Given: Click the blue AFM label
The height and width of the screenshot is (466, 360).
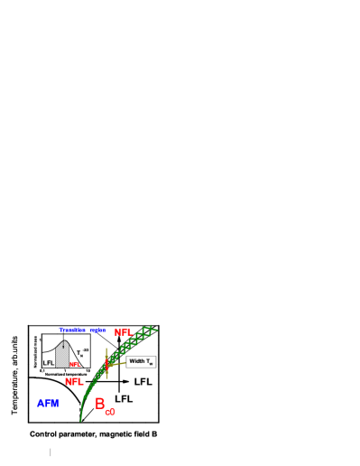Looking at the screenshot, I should click(x=48, y=404).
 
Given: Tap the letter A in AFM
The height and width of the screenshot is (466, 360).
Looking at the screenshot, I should click(x=41, y=404).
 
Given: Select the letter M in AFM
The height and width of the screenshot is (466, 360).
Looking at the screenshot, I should click(x=55, y=404).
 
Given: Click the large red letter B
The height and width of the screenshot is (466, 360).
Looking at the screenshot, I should click(x=100, y=404).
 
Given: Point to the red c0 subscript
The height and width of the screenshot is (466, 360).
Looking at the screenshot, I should click(x=110, y=412).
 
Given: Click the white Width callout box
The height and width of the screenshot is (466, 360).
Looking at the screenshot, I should click(x=141, y=361).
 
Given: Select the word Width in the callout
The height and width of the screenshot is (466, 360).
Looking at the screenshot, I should click(x=137, y=361).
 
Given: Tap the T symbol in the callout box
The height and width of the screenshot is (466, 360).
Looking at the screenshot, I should click(x=149, y=361).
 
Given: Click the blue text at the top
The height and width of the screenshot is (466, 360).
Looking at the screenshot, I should click(x=82, y=330).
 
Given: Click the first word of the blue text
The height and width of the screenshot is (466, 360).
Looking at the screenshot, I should click(x=72, y=330).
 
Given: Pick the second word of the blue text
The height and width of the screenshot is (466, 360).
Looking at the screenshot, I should click(x=97, y=330).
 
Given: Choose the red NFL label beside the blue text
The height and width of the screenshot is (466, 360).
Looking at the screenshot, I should click(x=123, y=332).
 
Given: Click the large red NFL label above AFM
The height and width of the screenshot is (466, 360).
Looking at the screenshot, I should click(x=73, y=382).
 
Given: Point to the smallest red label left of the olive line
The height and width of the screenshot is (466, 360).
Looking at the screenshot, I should click(x=74, y=364).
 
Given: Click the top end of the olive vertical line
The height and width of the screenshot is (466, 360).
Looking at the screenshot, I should click(x=106, y=349).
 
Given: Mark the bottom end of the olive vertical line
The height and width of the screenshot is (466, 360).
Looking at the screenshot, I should click(x=106, y=378).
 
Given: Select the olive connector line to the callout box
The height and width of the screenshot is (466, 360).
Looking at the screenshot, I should click(x=117, y=364).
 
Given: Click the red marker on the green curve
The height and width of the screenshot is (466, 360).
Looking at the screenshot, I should click(x=106, y=364).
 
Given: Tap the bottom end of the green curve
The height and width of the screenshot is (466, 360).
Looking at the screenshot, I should click(x=80, y=420).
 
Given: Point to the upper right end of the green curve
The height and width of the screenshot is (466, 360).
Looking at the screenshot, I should click(x=157, y=330).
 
